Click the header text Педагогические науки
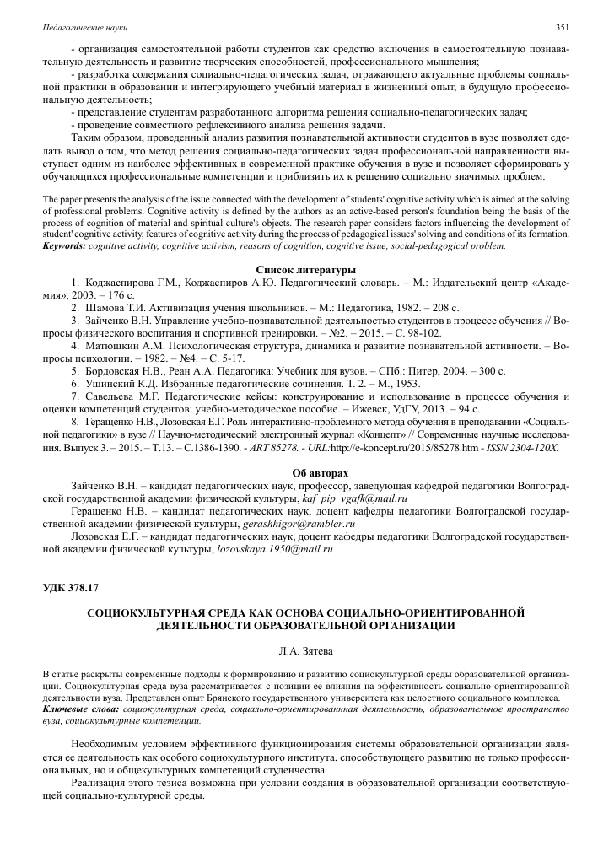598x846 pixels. point(73,28)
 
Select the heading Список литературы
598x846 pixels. point(299,268)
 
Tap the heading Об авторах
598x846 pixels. point(299,472)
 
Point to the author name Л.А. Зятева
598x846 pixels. point(299,650)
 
